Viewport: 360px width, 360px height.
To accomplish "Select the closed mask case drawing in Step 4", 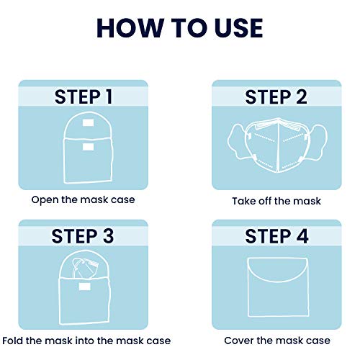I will pyautogui.click(x=277, y=288).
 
